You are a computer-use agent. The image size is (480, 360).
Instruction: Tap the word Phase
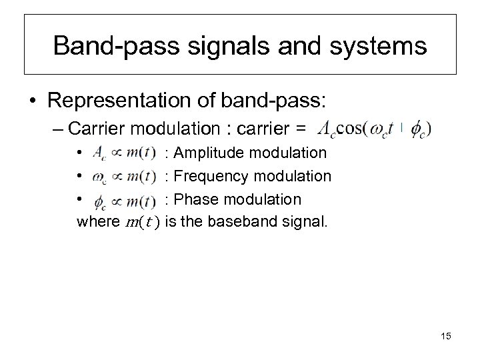(194, 199)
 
